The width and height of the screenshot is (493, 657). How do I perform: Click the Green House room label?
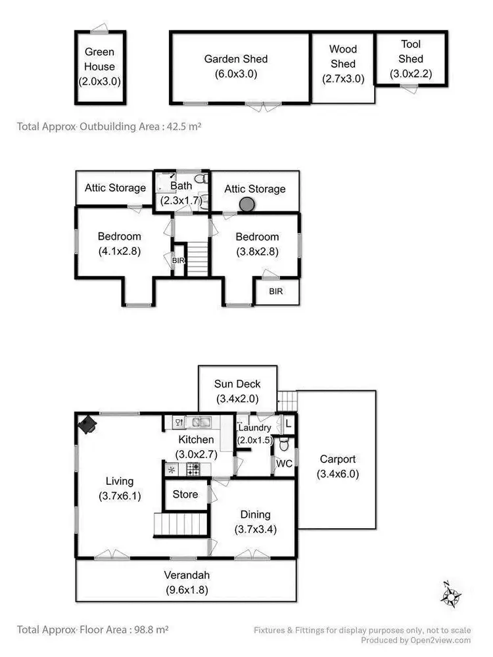pyautogui.click(x=99, y=59)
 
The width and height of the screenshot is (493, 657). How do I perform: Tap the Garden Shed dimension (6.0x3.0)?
pyautogui.click(x=235, y=74)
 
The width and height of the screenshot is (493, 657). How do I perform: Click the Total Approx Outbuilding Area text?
pyautogui.click(x=109, y=127)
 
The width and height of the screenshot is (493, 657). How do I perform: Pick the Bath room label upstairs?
pyautogui.click(x=181, y=187)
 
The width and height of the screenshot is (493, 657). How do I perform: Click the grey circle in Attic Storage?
pyautogui.click(x=246, y=205)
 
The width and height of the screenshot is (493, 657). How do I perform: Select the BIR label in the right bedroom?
pyautogui.click(x=276, y=291)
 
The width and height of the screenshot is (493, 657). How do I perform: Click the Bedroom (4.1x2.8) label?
pyautogui.click(x=119, y=237)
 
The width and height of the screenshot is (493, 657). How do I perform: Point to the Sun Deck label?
pyautogui.click(x=237, y=384)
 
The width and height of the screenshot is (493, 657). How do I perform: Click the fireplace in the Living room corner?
pyautogui.click(x=87, y=425)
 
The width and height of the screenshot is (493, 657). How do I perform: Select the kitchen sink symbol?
pyautogui.click(x=198, y=422)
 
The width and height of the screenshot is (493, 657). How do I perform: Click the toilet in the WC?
pyautogui.click(x=284, y=445)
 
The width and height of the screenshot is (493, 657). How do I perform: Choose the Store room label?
pyautogui.click(x=185, y=494)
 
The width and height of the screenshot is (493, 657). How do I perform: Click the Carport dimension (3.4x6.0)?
pyautogui.click(x=337, y=474)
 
